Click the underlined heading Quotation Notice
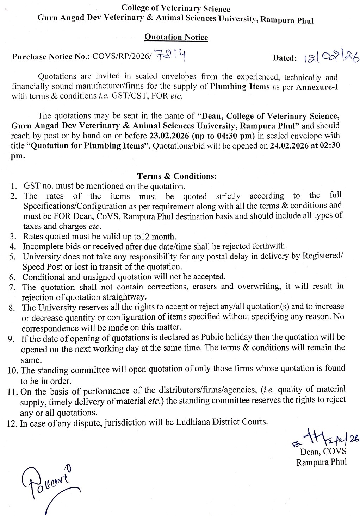176,37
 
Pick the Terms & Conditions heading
177,176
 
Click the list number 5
13,257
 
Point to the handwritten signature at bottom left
49,484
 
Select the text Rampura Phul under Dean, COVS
321,462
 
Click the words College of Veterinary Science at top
176,8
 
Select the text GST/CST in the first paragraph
126,96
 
